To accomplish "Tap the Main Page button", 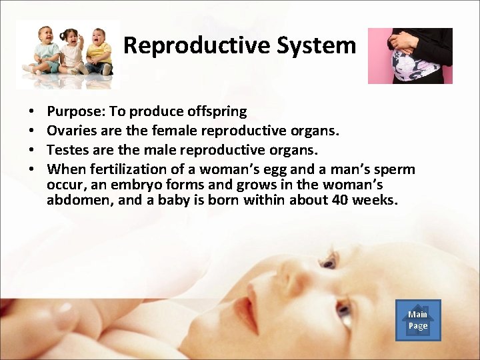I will click(418, 320).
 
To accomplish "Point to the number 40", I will click(339, 199).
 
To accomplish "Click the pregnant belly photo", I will click(410, 56).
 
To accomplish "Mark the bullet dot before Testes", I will click(32, 150).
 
